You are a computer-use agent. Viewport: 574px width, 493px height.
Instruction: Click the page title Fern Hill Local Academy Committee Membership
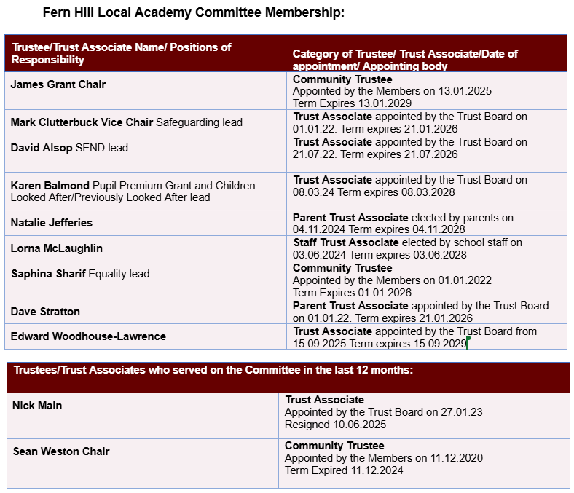[194, 13]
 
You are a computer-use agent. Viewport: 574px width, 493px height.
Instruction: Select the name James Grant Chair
[58, 84]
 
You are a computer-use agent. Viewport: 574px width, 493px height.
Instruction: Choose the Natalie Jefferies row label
[52, 223]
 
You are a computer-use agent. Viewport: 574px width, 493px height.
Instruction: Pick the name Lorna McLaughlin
[57, 248]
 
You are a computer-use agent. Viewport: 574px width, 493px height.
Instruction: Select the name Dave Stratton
[45, 312]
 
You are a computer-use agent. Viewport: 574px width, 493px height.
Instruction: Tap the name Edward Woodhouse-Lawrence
[88, 336]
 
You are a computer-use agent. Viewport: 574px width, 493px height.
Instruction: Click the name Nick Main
[37, 406]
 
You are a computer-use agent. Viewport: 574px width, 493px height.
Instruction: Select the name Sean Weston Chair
[61, 451]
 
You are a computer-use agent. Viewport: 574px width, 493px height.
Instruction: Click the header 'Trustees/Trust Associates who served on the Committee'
[213, 371]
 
